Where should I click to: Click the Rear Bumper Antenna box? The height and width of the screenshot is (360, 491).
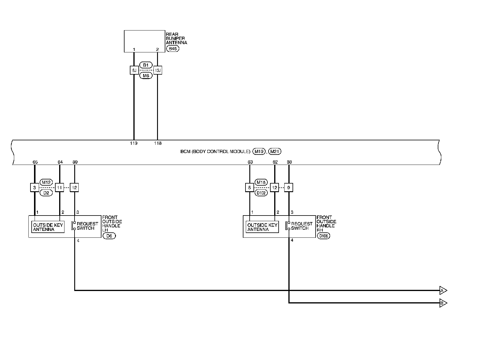pyautogui.click(x=144, y=41)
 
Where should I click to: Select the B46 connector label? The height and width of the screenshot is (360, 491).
pyautogui.click(x=173, y=49)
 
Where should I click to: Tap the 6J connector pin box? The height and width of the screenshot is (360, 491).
pyautogui.click(x=134, y=70)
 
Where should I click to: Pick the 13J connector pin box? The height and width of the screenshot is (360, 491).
pyautogui.click(x=158, y=70)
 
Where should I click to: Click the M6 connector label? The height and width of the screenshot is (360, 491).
pyautogui.click(x=146, y=75)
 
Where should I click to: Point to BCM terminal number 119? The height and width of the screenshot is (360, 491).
pyautogui.click(x=134, y=143)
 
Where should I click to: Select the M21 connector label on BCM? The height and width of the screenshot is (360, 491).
pyautogui.click(x=275, y=152)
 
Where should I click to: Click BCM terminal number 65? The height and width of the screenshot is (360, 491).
pyautogui.click(x=35, y=162)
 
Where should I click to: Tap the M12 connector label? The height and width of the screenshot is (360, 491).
pyautogui.click(x=46, y=182)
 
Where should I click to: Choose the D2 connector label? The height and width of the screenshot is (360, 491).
pyautogui.click(x=46, y=193)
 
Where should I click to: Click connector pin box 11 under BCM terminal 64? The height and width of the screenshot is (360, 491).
pyautogui.click(x=59, y=187)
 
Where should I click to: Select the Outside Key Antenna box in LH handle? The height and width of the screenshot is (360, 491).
pyautogui.click(x=48, y=227)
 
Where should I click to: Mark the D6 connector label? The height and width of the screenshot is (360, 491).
pyautogui.click(x=109, y=236)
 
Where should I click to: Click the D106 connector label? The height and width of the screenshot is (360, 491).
pyautogui.click(x=323, y=236)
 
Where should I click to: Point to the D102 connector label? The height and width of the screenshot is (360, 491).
pyautogui.click(x=261, y=193)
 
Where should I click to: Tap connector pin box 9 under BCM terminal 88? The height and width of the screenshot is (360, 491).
pyautogui.click(x=288, y=187)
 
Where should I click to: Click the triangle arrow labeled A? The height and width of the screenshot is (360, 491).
pyautogui.click(x=443, y=291)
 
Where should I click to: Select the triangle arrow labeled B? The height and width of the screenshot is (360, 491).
pyautogui.click(x=443, y=303)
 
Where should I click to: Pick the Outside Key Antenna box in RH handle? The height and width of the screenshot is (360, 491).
pyautogui.click(x=262, y=227)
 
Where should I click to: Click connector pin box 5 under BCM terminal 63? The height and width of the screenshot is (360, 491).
pyautogui.click(x=250, y=187)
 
